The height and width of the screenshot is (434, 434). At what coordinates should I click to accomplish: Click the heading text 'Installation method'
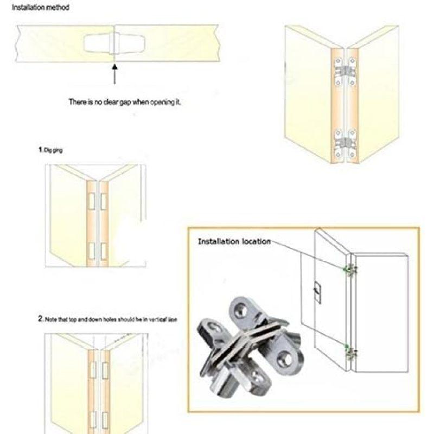[41, 8]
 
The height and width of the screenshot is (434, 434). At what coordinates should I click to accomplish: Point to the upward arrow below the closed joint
[114, 73]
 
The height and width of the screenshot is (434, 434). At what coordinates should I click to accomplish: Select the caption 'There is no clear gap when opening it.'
[124, 102]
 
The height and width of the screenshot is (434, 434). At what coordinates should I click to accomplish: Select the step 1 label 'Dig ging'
[50, 150]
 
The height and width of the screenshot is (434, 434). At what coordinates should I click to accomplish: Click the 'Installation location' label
[234, 241]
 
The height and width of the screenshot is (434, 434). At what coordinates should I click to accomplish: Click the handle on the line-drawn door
[315, 293]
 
